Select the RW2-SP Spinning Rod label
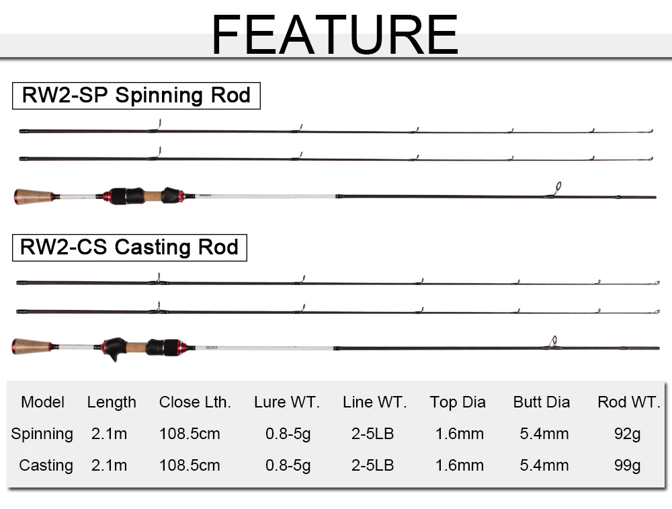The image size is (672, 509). tap(136, 95)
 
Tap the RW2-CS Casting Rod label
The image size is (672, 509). tap(130, 247)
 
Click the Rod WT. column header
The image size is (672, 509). tap(629, 402)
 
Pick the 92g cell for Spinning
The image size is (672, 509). tap(627, 434)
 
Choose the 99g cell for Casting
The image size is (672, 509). tap(627, 465)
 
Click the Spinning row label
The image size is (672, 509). tap(42, 434)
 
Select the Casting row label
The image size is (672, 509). tap(46, 465)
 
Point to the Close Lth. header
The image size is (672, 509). tap(195, 402)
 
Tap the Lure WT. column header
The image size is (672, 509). tap(287, 402)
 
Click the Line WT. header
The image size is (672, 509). tap(374, 402)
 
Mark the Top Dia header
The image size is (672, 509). tap(458, 402)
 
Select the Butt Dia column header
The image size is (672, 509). tap(541, 402)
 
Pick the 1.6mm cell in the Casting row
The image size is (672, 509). tap(459, 465)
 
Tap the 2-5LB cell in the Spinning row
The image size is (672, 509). tap(372, 434)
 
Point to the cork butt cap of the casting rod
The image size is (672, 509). tap(32, 347)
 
